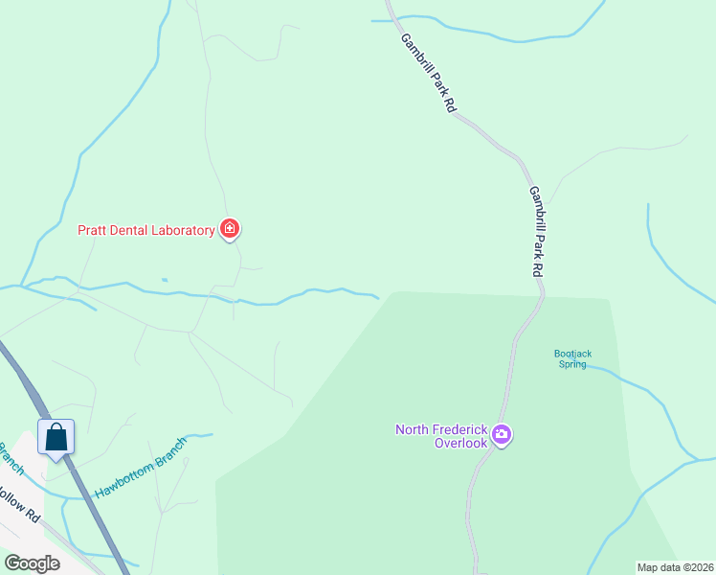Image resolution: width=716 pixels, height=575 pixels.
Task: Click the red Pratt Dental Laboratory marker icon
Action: click(x=230, y=229)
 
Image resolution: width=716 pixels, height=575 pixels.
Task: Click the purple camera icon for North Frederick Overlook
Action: click(x=502, y=436)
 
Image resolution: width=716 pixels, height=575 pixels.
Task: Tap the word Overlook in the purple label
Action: click(x=460, y=443)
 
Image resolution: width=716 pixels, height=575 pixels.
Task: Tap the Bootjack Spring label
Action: click(x=572, y=358)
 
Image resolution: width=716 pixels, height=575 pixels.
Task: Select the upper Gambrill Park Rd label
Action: click(x=427, y=74)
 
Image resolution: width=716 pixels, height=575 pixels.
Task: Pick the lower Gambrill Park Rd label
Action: click(x=537, y=231)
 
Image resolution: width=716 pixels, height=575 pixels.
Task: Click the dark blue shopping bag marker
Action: click(x=56, y=437)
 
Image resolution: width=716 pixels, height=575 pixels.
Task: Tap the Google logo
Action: click(x=33, y=563)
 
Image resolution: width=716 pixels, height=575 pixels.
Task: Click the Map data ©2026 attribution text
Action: click(x=675, y=567)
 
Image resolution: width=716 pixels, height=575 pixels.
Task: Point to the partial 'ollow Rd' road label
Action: click(x=19, y=505)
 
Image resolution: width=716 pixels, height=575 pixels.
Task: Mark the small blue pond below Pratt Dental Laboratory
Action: click(x=165, y=280)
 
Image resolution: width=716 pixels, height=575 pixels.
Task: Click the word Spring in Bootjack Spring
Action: click(x=572, y=364)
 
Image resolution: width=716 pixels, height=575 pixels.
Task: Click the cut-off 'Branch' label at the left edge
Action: click(x=10, y=459)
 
